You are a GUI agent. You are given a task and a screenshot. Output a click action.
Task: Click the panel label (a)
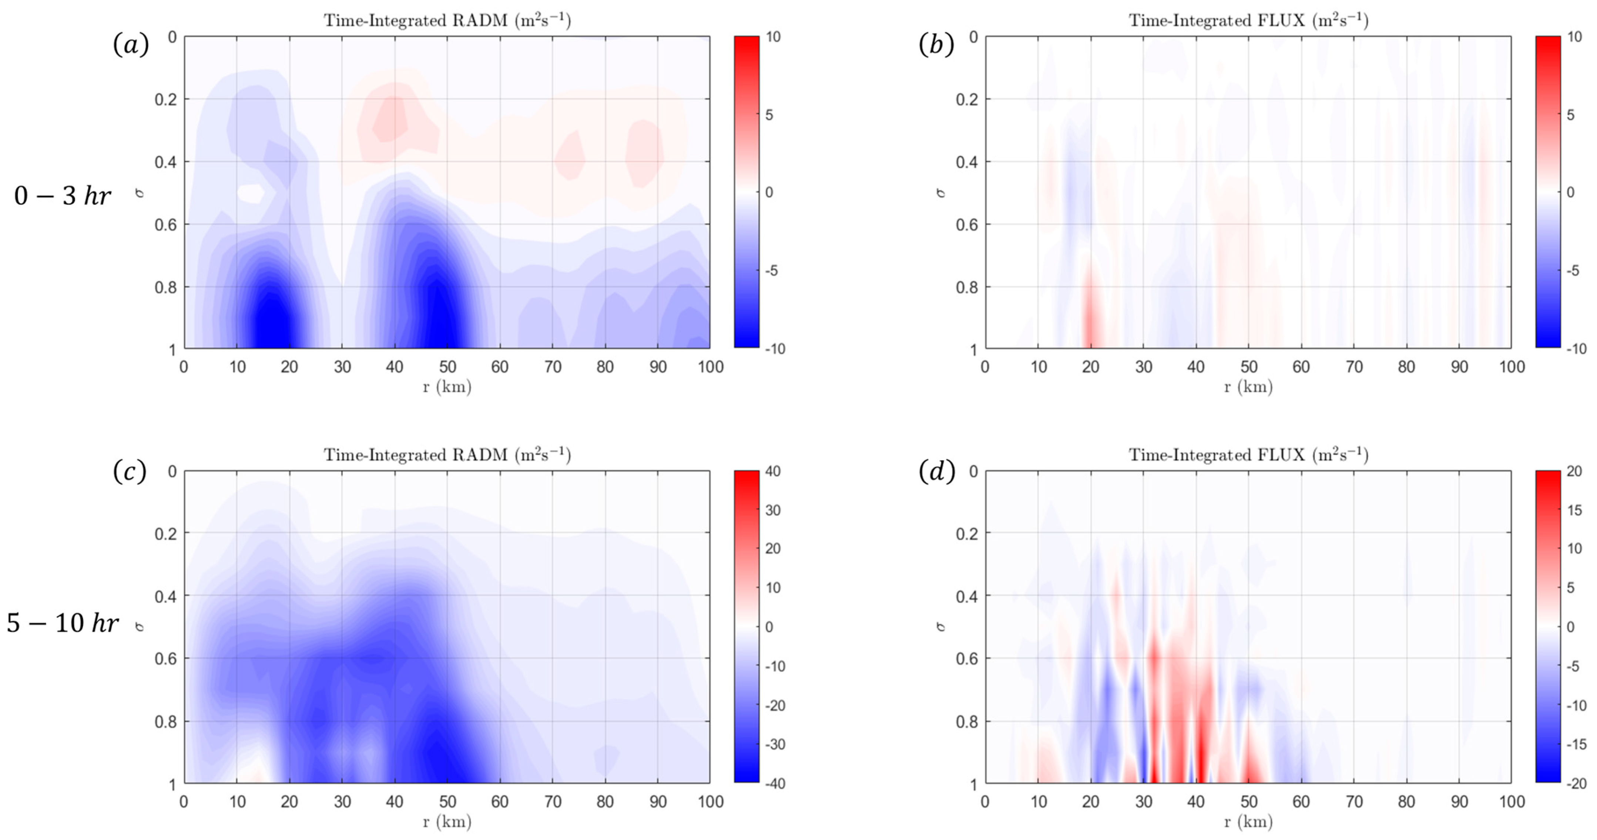pyautogui.click(x=131, y=45)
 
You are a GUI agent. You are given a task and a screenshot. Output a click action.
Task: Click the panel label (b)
pyautogui.click(x=936, y=45)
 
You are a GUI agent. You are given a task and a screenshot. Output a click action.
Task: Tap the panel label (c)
pyautogui.click(x=130, y=472)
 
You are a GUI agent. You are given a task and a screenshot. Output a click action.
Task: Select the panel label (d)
pyautogui.click(x=936, y=472)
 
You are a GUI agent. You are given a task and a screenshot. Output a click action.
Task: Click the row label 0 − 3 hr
pyautogui.click(x=62, y=196)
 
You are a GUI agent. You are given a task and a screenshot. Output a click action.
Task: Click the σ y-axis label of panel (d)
pyautogui.click(x=940, y=626)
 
